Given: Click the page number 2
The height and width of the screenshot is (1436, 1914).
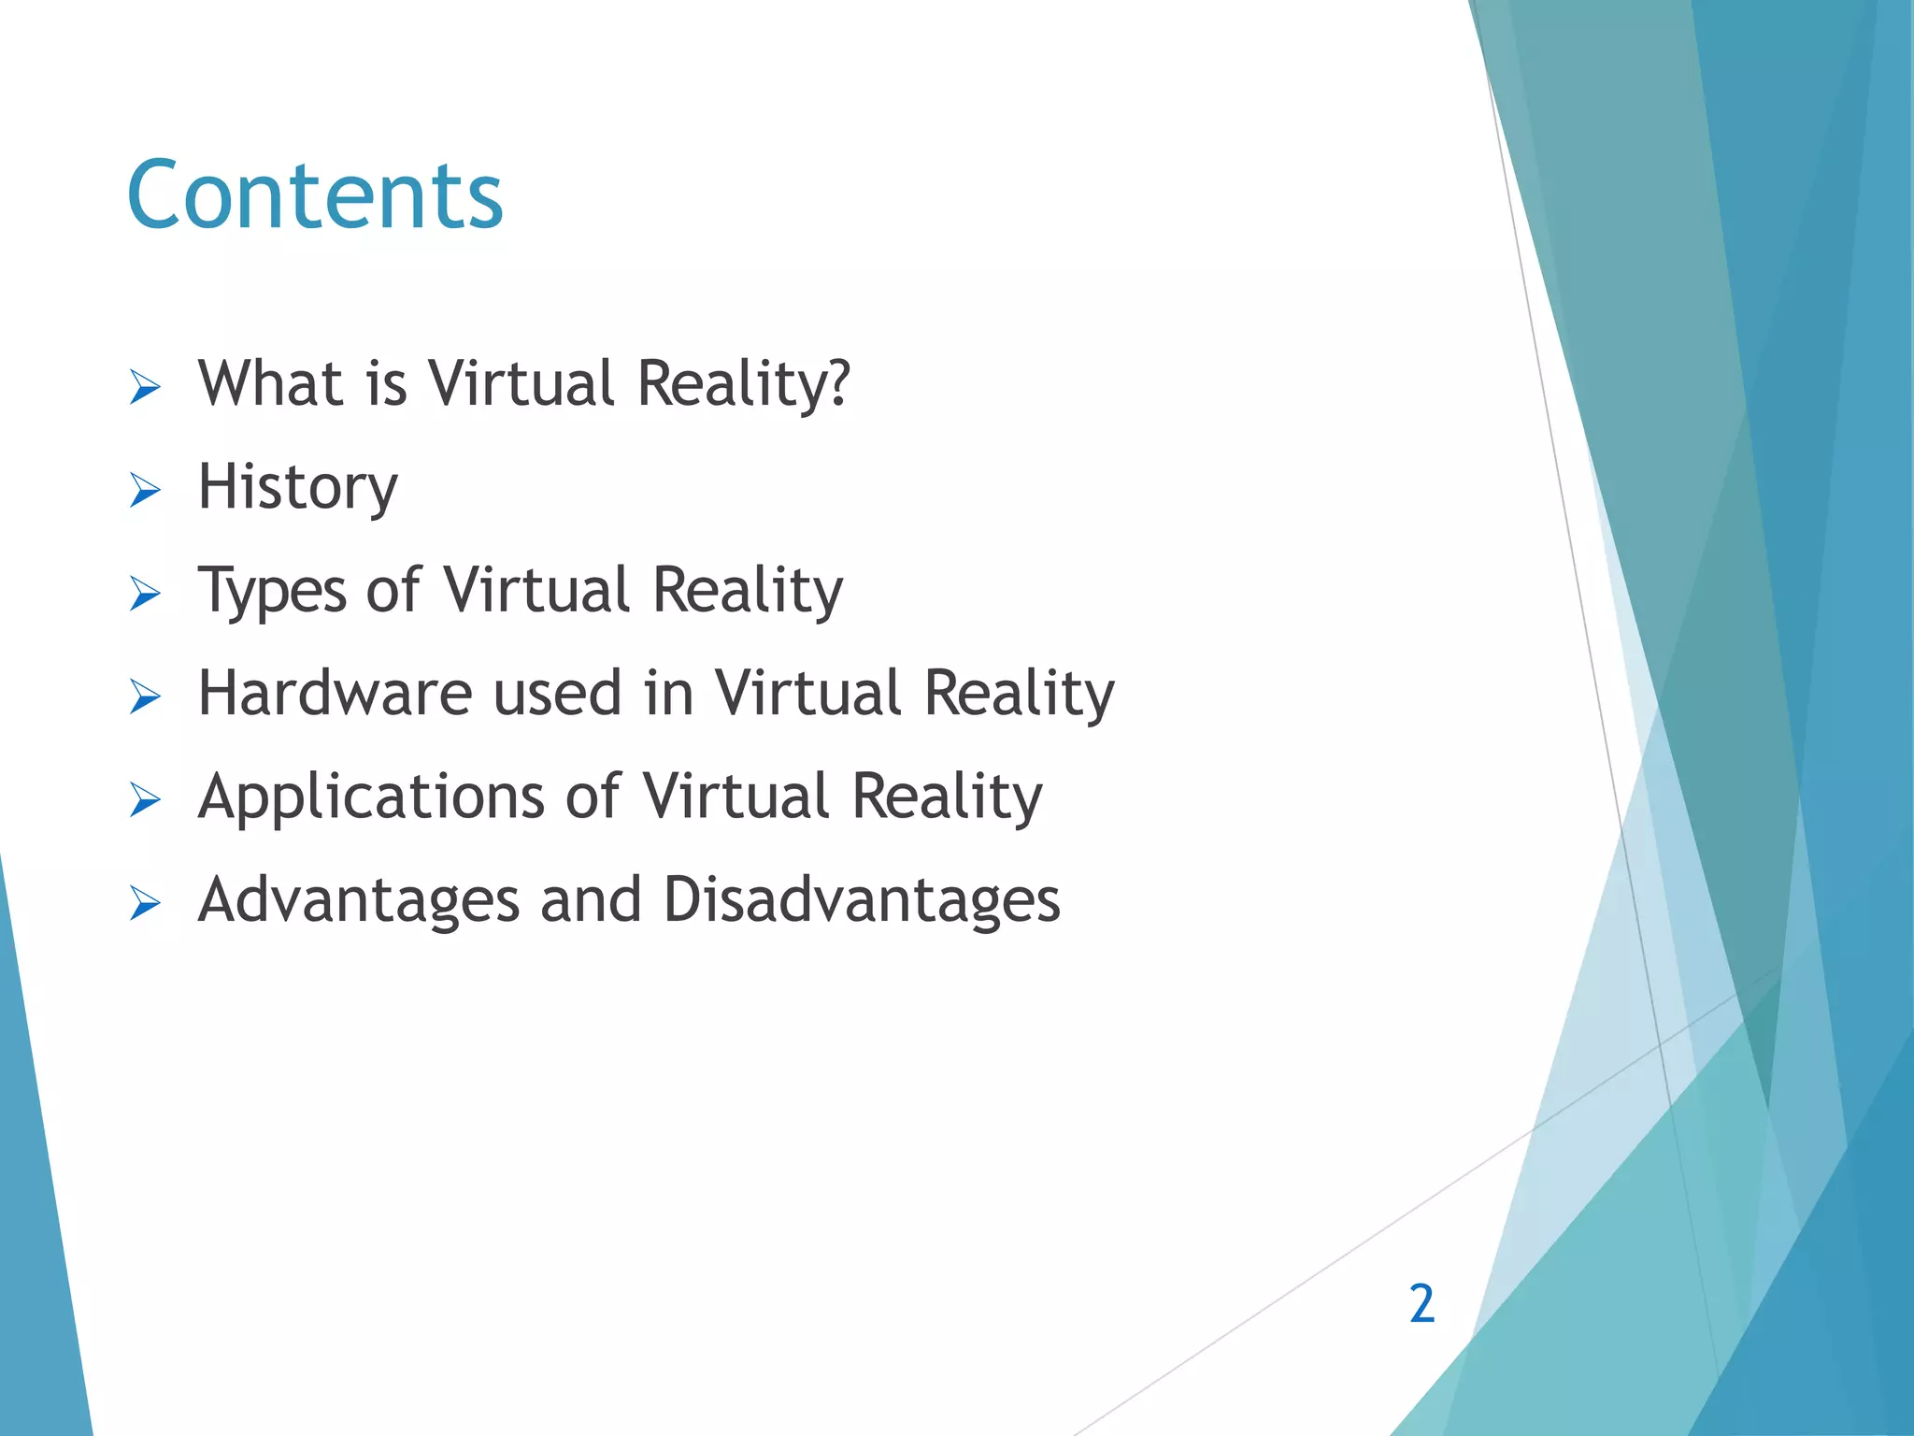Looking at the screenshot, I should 1421,1303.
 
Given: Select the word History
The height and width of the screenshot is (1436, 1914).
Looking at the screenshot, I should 298,487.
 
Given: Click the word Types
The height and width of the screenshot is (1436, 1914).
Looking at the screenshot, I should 272,591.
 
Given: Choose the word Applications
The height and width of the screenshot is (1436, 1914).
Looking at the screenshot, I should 371,797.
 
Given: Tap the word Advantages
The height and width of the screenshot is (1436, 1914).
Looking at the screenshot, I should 359,900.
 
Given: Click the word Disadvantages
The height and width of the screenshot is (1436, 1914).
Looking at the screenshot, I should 862,900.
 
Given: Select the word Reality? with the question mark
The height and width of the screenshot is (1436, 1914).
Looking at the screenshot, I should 744,383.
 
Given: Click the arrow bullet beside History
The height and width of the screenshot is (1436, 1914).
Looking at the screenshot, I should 145,490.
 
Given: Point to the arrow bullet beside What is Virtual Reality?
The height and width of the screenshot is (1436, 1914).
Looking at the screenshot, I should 145,386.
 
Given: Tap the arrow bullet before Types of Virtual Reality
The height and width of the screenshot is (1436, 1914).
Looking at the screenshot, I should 145,594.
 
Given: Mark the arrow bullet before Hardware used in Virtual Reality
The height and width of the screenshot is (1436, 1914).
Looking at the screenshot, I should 145,696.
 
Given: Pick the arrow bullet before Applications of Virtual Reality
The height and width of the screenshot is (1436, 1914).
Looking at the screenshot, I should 145,800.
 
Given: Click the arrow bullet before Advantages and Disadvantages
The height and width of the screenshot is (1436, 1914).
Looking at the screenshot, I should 145,904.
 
